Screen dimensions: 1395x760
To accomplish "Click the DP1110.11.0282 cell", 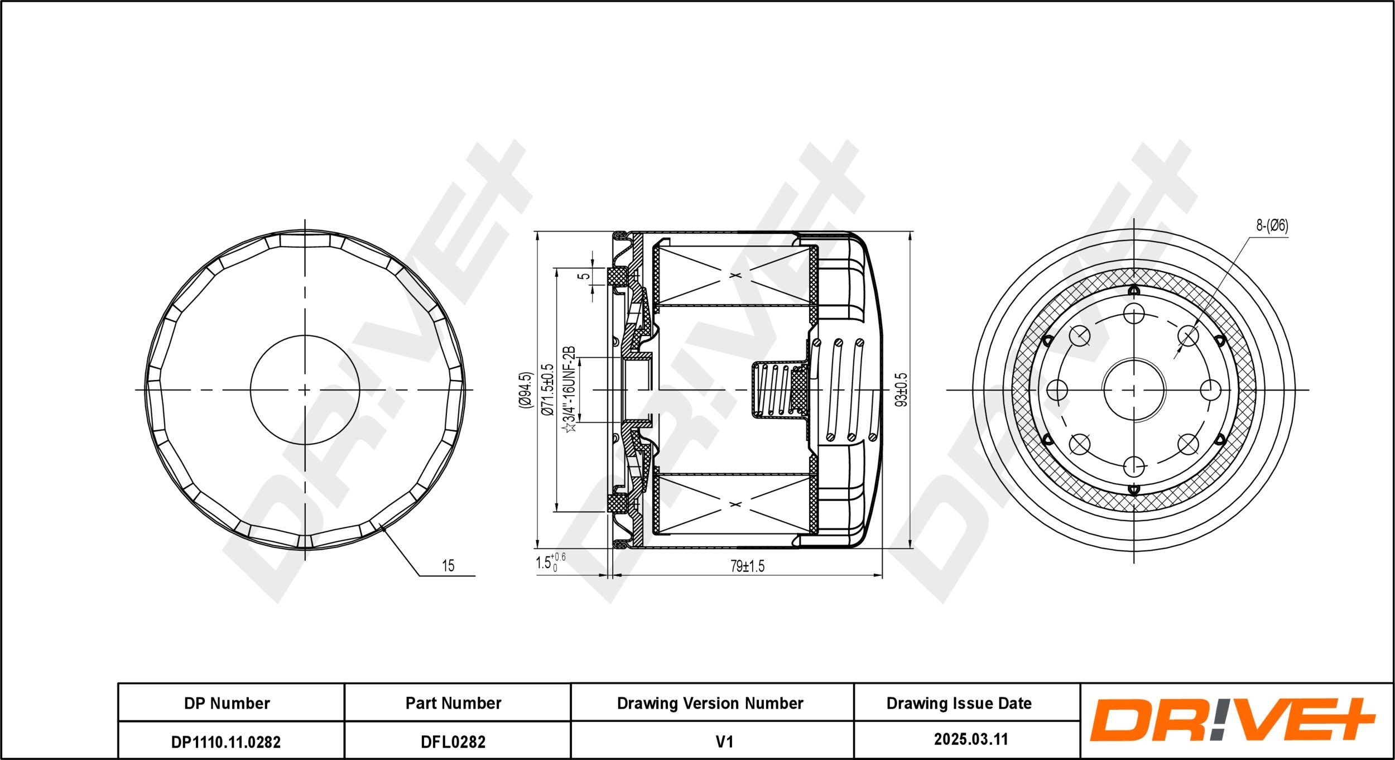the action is tap(226, 742).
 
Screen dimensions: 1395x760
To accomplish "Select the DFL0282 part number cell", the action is tap(453, 742).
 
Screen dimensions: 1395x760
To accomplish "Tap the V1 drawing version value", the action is tap(724, 742).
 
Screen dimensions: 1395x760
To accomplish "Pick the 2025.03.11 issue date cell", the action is tap(971, 739).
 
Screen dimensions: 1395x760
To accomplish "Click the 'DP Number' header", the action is tap(227, 703).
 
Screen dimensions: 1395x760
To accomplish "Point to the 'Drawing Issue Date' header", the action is tap(959, 703).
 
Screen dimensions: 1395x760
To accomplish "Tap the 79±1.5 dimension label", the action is tap(748, 566).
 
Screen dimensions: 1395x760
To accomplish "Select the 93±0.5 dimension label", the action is tap(901, 390).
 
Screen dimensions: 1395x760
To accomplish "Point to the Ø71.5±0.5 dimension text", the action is tap(548, 390).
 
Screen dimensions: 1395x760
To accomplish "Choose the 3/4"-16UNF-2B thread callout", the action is tap(569, 390).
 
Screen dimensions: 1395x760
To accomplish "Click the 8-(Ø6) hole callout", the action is tap(1272, 226).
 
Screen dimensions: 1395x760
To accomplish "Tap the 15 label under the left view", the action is tap(448, 566).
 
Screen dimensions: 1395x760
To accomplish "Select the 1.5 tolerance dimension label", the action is tap(550, 562).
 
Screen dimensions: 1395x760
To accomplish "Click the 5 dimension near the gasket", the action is tap(584, 276).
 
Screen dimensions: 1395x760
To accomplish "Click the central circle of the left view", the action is tap(305, 389).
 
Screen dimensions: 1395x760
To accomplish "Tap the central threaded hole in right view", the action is tap(1134, 389).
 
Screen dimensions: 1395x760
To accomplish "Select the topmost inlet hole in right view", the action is tap(1134, 314).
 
